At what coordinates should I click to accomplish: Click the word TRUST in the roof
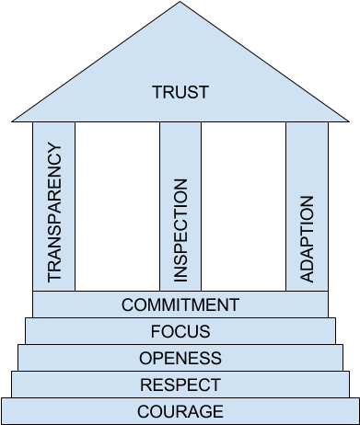coord(180,92)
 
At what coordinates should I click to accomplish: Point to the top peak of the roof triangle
coord(180,3)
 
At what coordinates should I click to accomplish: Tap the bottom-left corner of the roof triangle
coord(15,120)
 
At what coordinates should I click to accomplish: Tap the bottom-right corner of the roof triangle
coord(346,120)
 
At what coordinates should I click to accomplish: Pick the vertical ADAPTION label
coord(308,239)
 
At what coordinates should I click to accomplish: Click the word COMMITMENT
coord(180,304)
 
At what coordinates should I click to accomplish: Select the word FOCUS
coord(180,331)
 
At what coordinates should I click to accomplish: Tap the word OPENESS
coord(180,358)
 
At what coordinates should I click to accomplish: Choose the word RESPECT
coord(180,385)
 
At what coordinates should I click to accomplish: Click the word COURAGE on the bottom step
coord(180,411)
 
